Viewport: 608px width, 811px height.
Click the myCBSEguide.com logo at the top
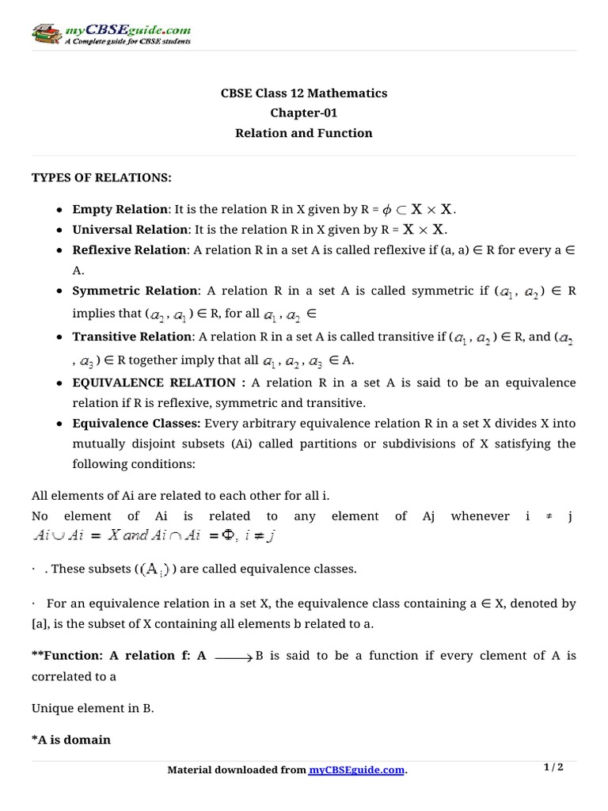tap(111, 34)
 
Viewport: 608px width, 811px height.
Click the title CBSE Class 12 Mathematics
tap(303, 93)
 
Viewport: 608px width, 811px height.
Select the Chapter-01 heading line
tap(303, 113)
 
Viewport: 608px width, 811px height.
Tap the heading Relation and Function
tap(303, 133)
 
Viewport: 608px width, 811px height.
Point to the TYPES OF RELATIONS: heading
tap(101, 177)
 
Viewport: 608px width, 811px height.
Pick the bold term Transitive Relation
tap(131, 337)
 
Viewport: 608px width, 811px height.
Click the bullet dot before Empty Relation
tap(61, 210)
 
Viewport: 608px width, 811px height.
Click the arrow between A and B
tap(234, 657)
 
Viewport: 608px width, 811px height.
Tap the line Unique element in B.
tap(92, 709)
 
